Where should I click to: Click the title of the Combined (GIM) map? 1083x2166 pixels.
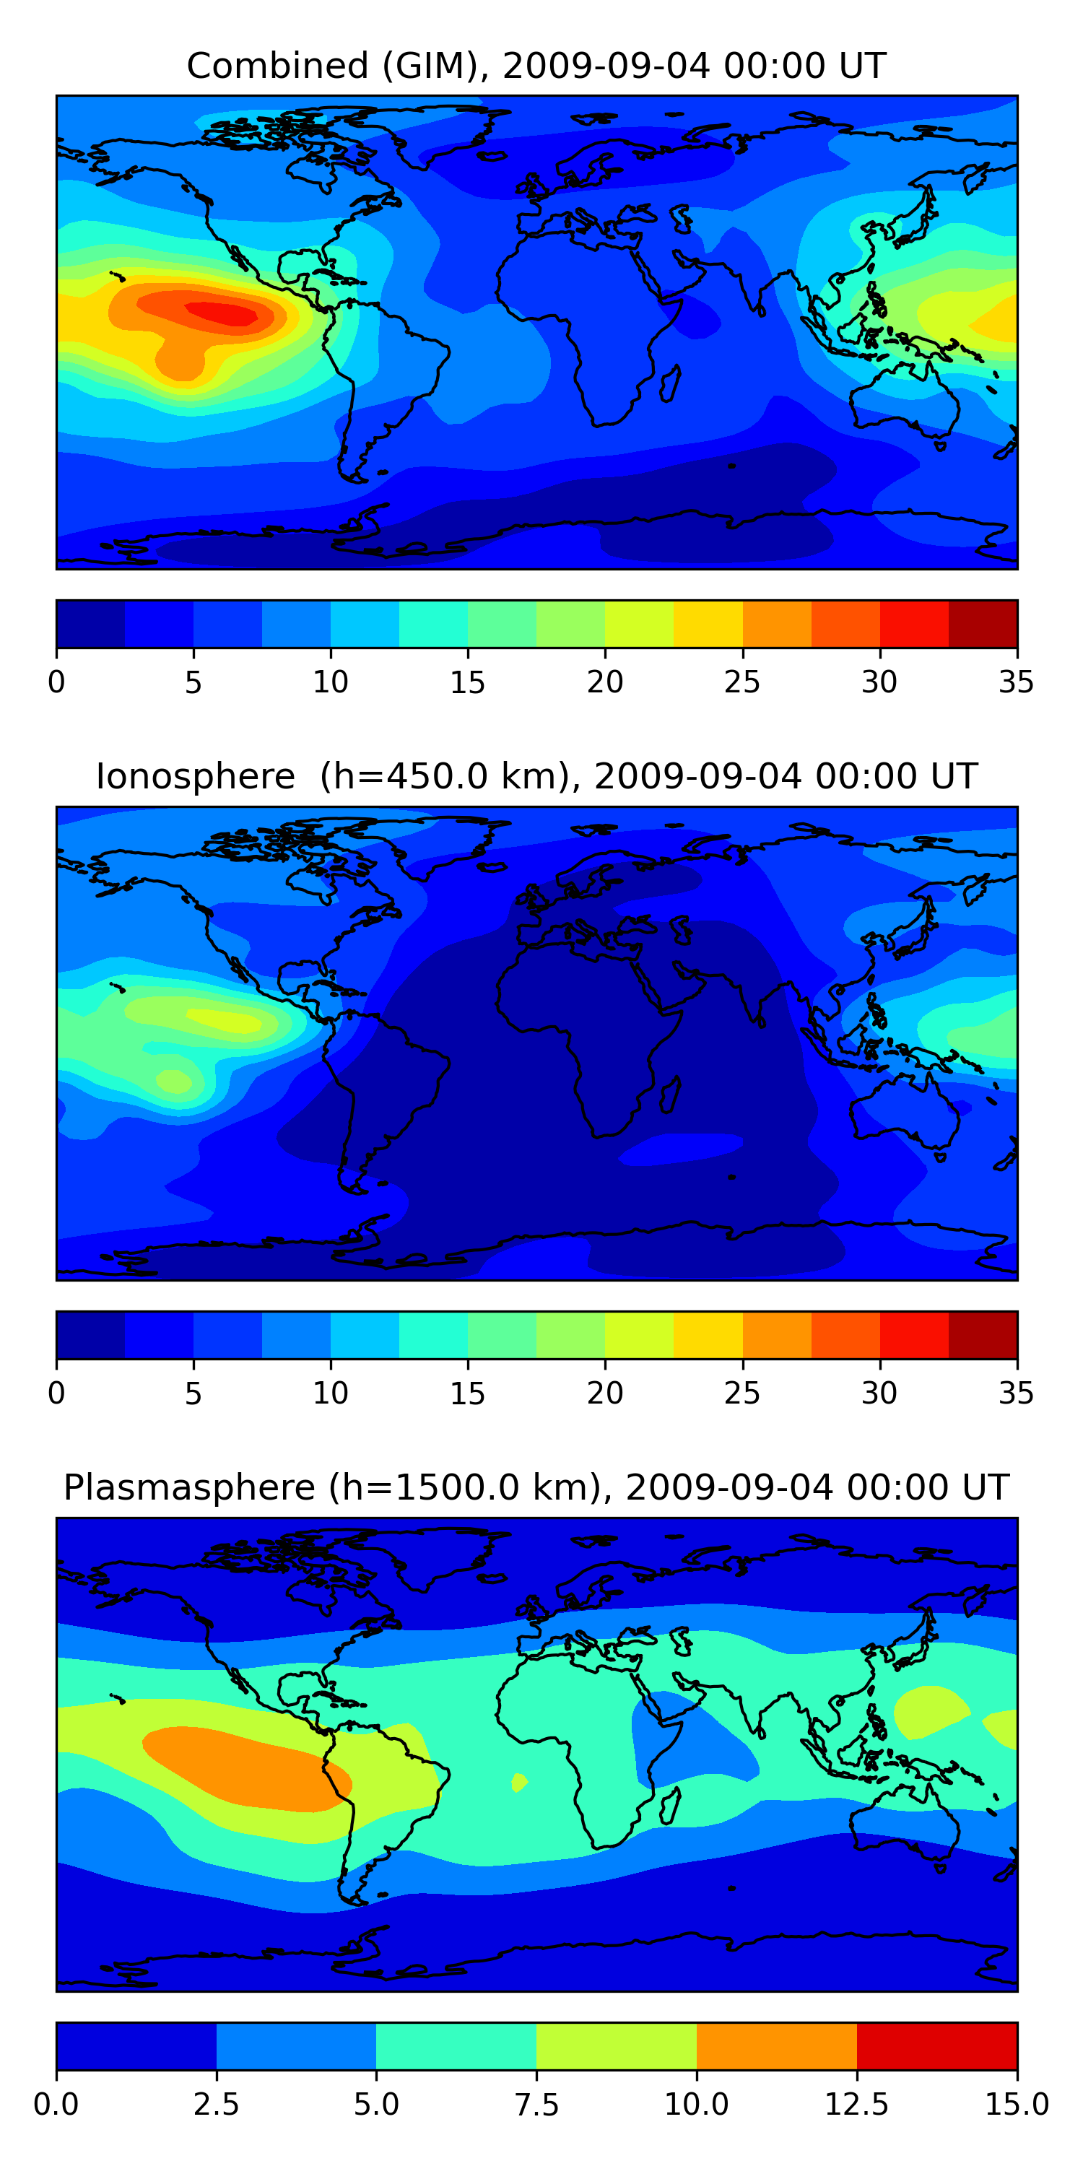[536, 66]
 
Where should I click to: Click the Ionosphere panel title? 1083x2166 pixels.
[536, 776]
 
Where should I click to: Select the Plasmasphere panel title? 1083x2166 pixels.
[536, 1487]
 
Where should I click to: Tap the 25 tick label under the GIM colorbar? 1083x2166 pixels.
[741, 682]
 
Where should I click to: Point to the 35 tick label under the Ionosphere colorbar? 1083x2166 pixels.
[1016, 1393]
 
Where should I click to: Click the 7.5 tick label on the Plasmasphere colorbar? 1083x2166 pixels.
[536, 2105]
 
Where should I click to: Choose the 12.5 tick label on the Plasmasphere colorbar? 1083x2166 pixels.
[856, 2105]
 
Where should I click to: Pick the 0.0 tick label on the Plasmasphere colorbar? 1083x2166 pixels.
[56, 2105]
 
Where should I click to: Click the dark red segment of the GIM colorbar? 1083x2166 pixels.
[982, 624]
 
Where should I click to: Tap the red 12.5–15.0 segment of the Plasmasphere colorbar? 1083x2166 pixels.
[936, 2045]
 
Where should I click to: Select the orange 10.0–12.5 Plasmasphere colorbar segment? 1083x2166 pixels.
[776, 2045]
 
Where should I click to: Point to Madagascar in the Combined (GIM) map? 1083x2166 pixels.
[670, 383]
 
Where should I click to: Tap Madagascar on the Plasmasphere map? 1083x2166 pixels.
[670, 1805]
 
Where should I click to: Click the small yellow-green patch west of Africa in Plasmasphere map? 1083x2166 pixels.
[519, 1782]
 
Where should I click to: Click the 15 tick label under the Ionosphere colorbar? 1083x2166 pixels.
[468, 1393]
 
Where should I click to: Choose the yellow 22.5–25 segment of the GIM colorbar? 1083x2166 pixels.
[708, 624]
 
